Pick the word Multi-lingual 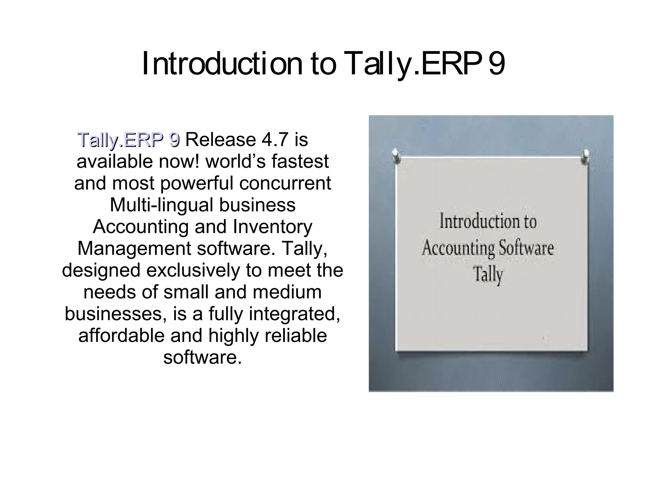click(162, 205)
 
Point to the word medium click(287, 292)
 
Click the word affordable click(121, 335)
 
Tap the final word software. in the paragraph click(203, 357)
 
